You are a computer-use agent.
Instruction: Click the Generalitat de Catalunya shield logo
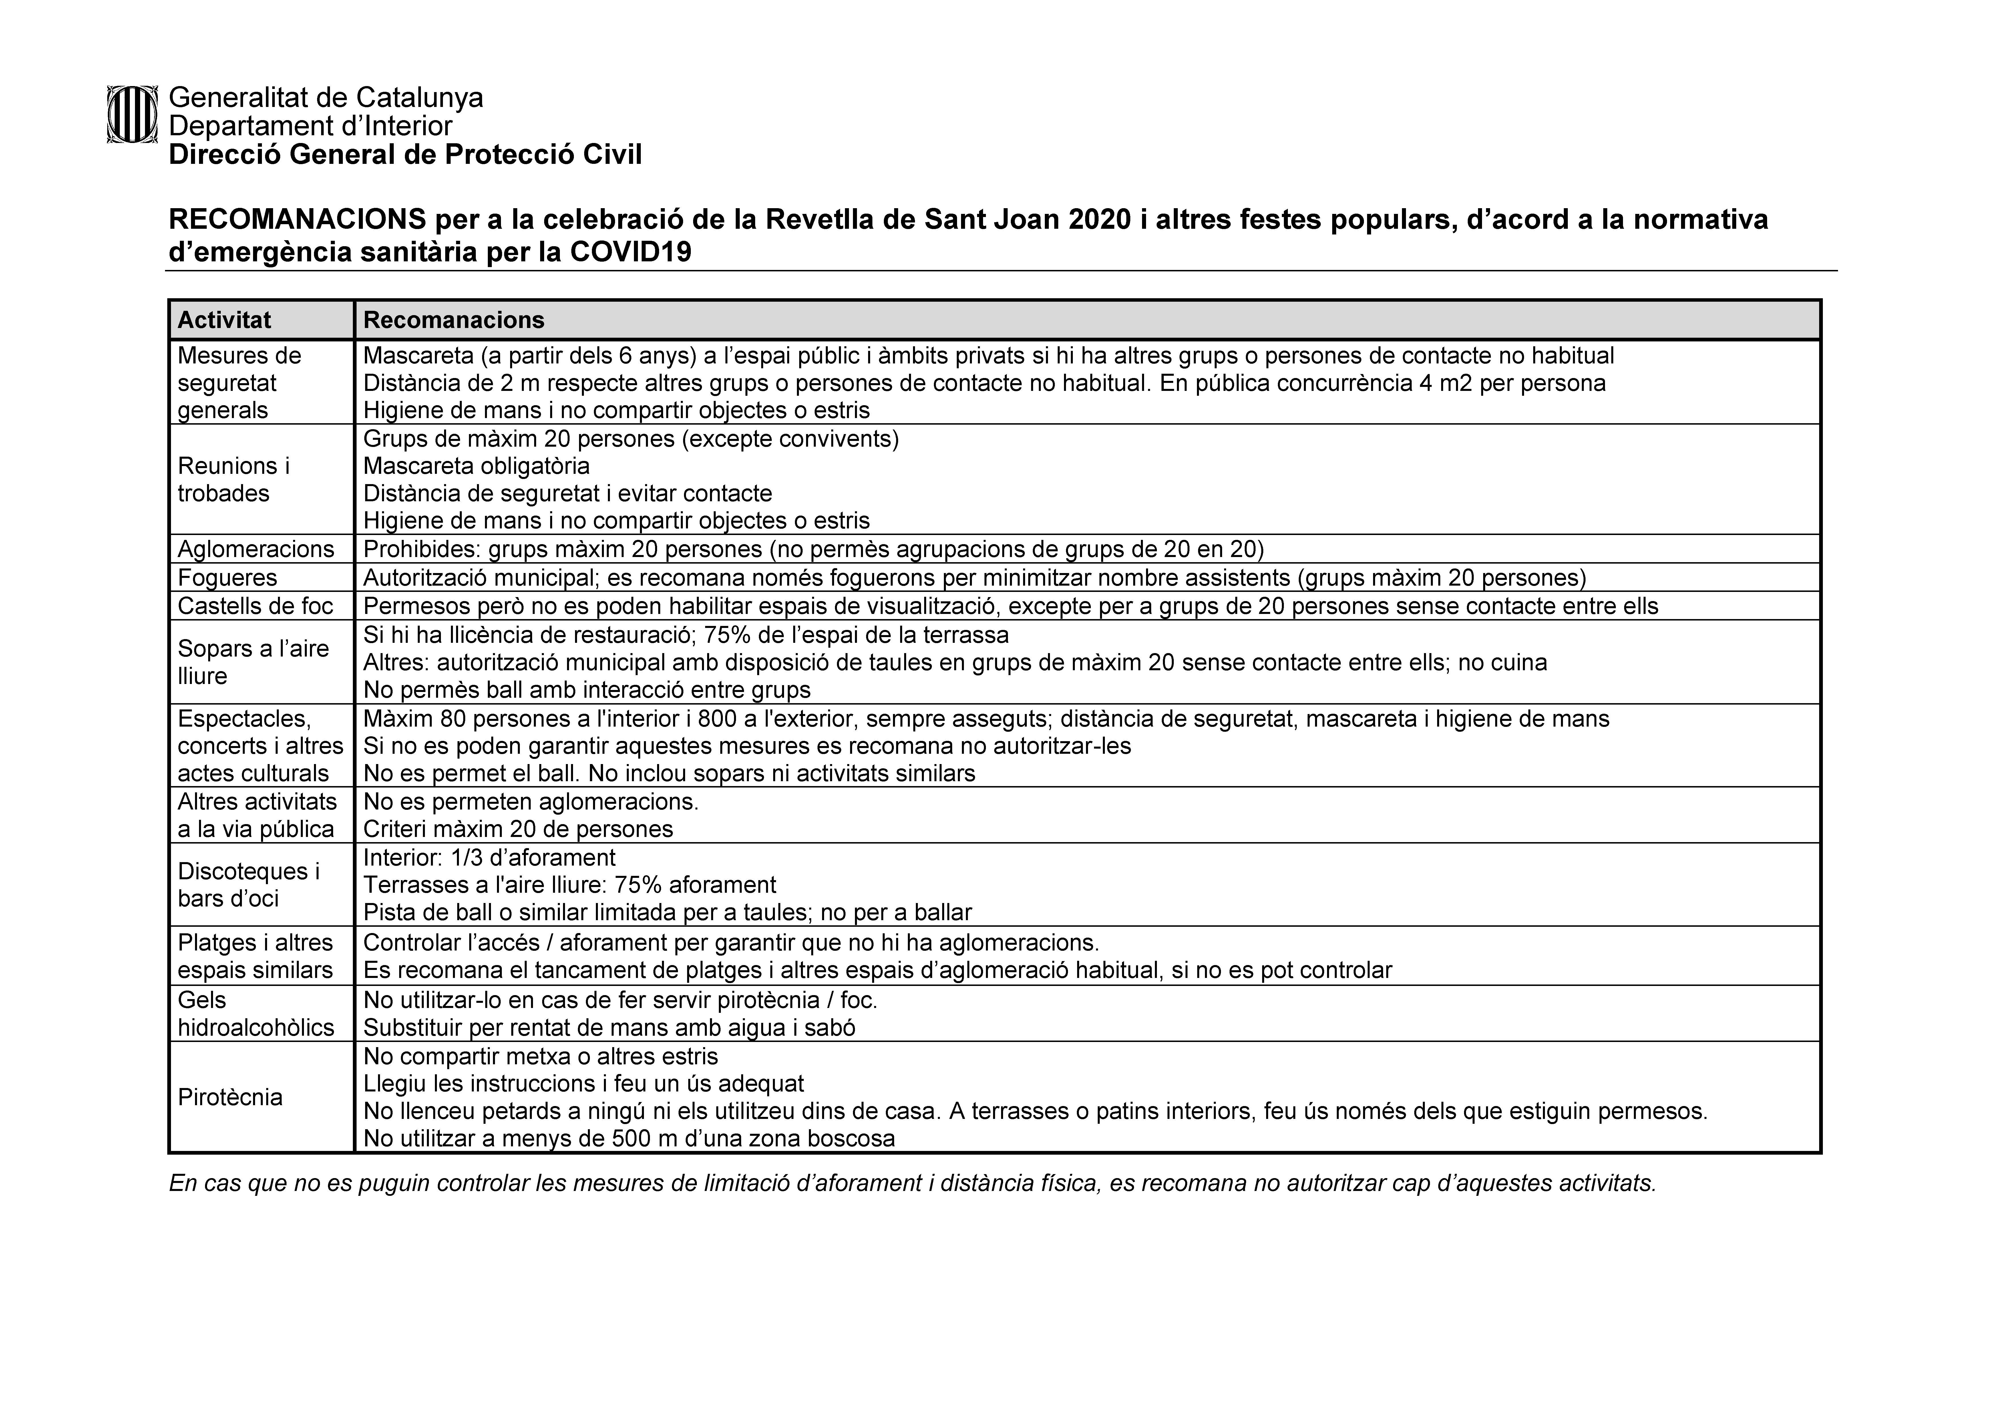(132, 114)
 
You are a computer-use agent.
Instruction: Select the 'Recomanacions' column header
(453, 320)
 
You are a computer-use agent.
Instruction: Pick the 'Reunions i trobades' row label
(234, 480)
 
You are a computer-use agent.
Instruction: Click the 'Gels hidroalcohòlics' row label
(256, 1014)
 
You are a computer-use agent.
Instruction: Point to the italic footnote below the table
(912, 1184)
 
